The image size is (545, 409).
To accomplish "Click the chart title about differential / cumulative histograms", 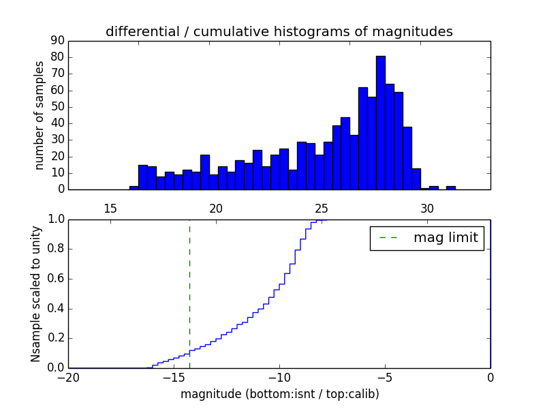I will (x=279, y=31).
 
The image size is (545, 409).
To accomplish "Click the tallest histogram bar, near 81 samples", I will (x=380, y=123).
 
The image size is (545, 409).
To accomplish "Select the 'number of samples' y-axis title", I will (x=40, y=115).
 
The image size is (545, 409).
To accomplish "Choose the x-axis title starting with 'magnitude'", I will (x=279, y=394).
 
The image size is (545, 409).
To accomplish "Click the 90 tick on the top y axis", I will (x=57, y=41).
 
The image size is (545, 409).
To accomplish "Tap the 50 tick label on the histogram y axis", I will (x=57, y=107).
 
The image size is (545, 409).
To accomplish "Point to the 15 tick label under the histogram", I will (x=110, y=208).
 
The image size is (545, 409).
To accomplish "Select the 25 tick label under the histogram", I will (x=322, y=208).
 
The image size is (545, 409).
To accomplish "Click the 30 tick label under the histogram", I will (x=427, y=208).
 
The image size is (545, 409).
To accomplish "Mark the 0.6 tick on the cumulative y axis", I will (x=55, y=279).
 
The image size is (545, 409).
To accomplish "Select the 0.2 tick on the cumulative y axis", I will (x=55, y=338).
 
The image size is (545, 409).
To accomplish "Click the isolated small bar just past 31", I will (x=451, y=187).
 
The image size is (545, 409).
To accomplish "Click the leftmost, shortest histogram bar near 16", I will (x=134, y=187).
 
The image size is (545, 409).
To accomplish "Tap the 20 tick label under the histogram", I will (x=216, y=208).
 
